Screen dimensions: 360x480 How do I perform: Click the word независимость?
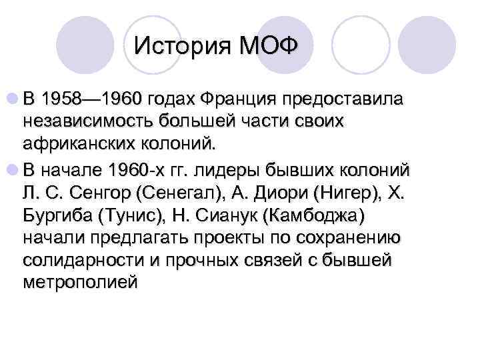(87, 123)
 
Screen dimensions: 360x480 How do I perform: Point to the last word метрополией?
(80, 282)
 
